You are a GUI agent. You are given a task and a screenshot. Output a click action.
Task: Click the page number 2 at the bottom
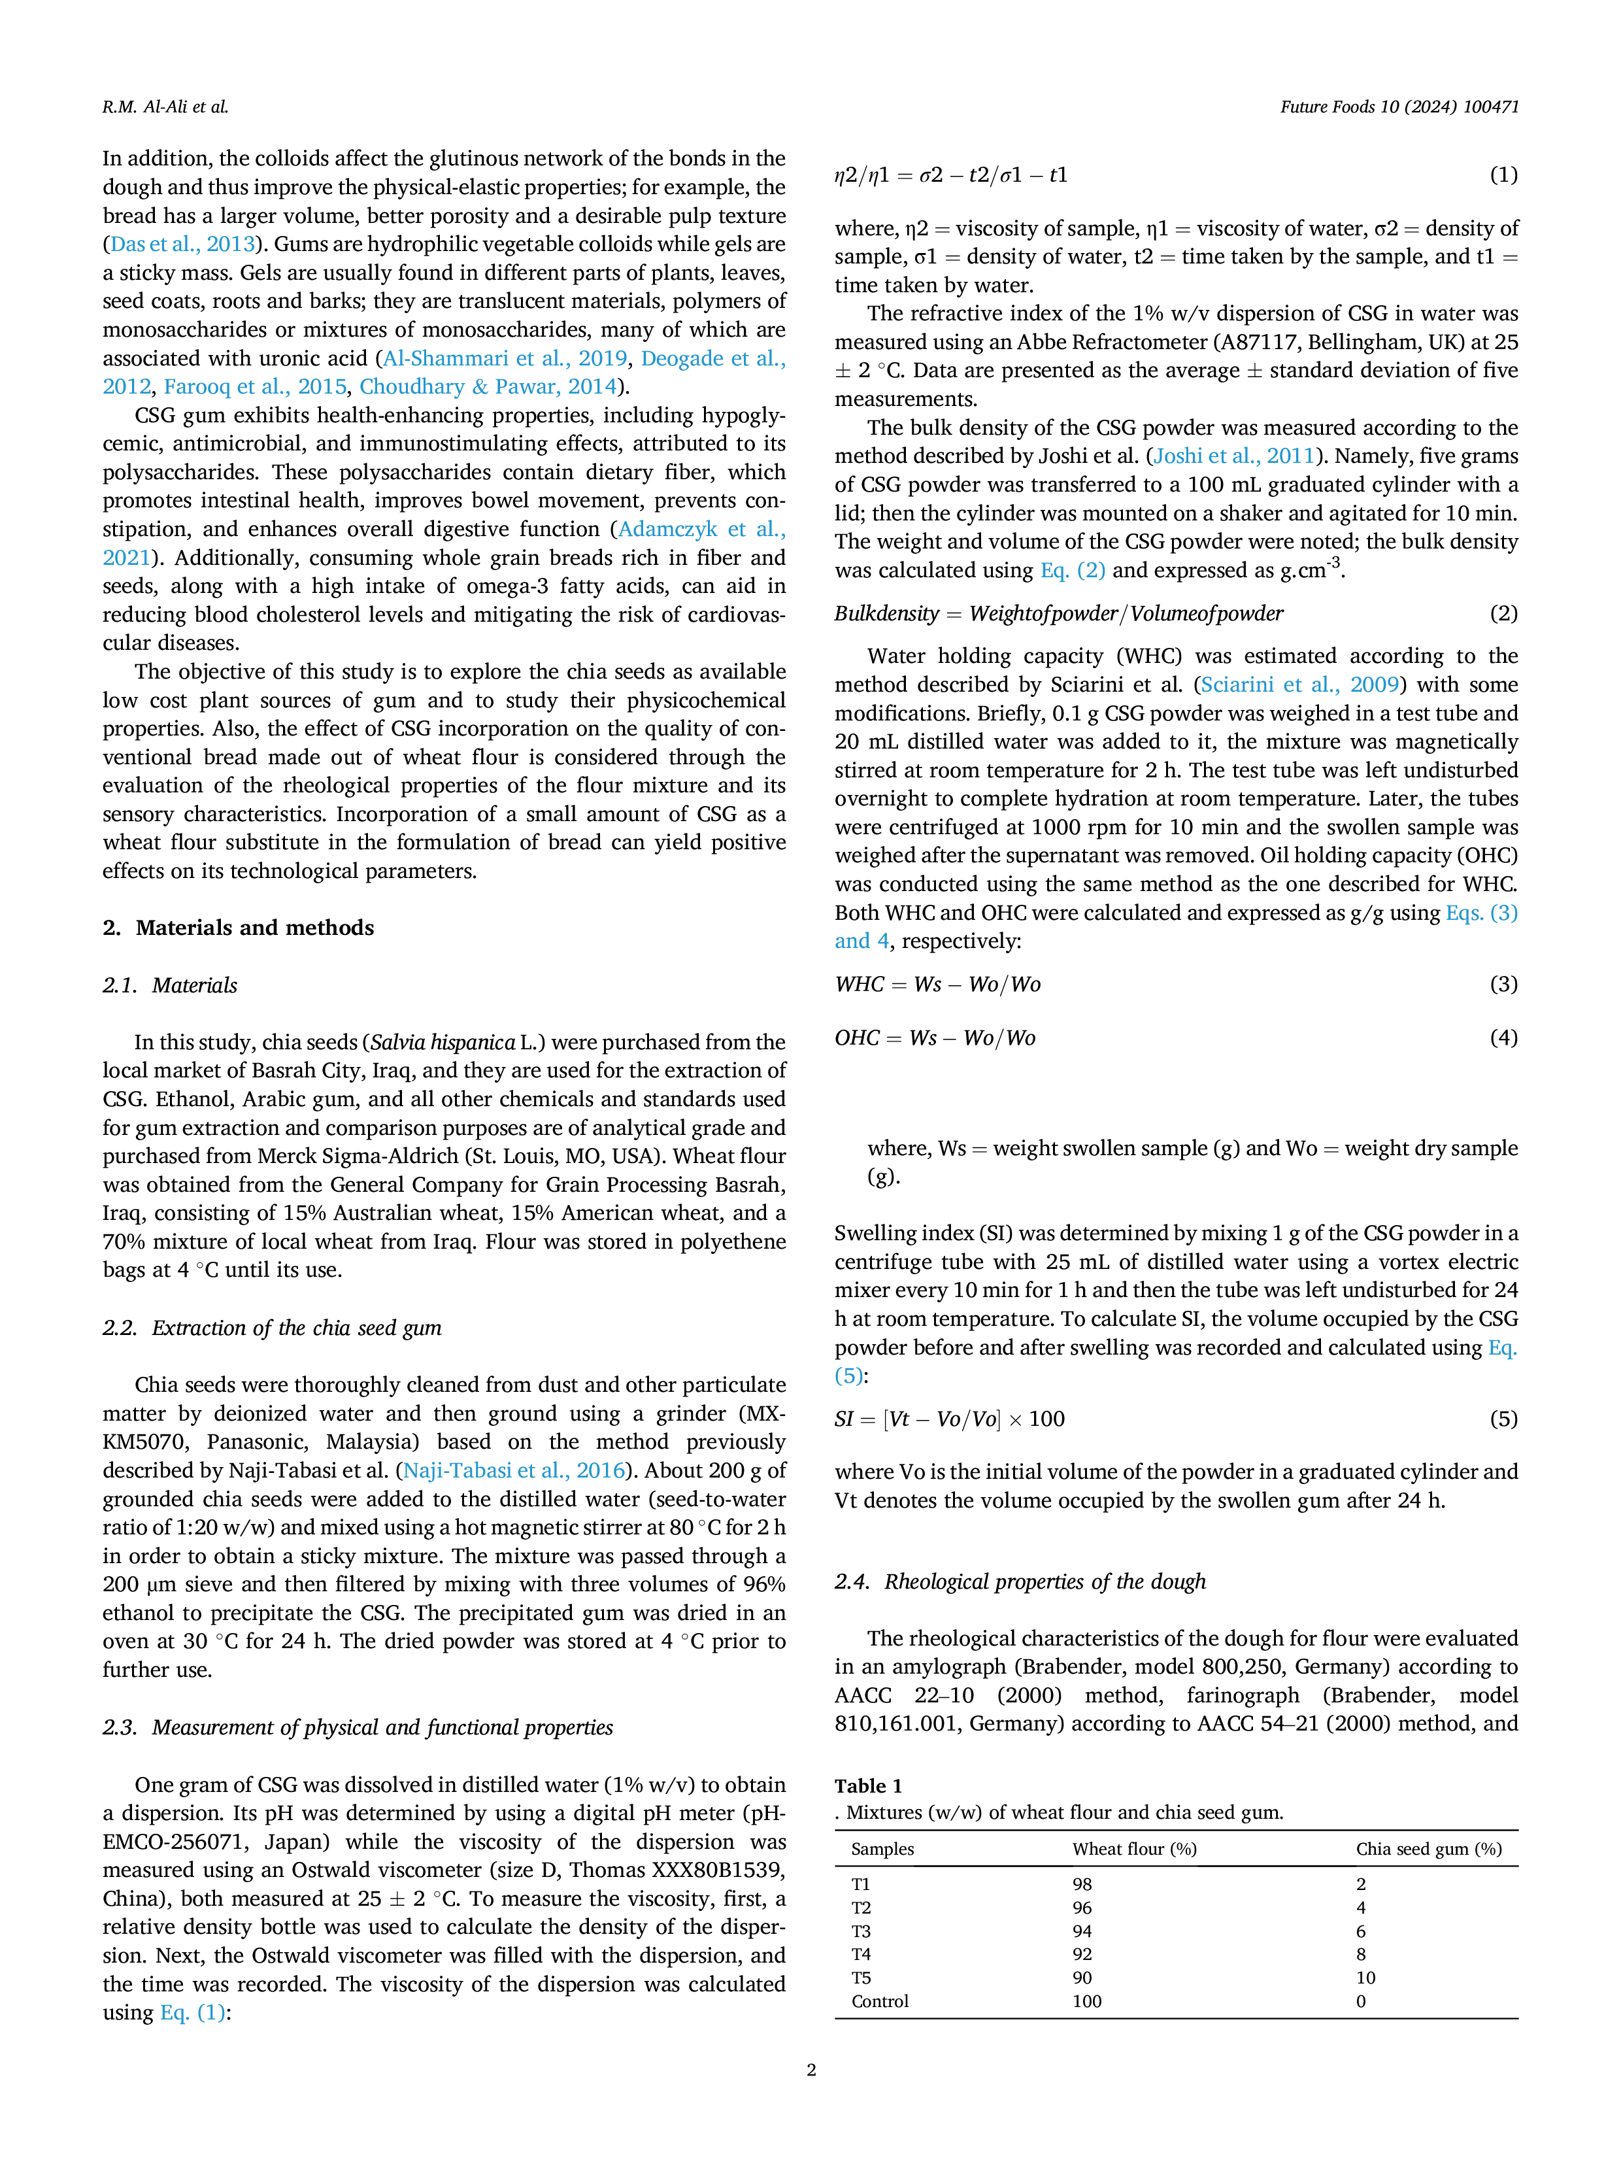[x=811, y=2069]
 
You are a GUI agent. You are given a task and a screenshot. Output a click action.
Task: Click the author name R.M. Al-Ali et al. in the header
[x=165, y=107]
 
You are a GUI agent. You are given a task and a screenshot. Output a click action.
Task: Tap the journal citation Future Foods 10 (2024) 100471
[x=1399, y=107]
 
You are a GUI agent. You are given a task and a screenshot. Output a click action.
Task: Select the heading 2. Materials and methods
[x=239, y=928]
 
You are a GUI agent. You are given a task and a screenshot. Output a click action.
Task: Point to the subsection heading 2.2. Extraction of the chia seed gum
[x=272, y=1327]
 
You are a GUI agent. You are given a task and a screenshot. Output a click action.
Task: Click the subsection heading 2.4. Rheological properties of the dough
[x=1020, y=1580]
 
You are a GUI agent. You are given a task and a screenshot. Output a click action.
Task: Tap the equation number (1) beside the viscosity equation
[x=1504, y=175]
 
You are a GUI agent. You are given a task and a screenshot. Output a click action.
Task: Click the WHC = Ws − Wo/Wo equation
[x=938, y=983]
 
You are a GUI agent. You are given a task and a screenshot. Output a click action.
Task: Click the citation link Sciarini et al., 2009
[x=1303, y=684]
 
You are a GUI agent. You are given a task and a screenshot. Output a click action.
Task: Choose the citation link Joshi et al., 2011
[x=1234, y=456]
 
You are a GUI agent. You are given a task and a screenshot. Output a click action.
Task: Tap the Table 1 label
[x=869, y=1785]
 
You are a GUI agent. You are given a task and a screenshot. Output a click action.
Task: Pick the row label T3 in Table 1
[x=861, y=1931]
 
